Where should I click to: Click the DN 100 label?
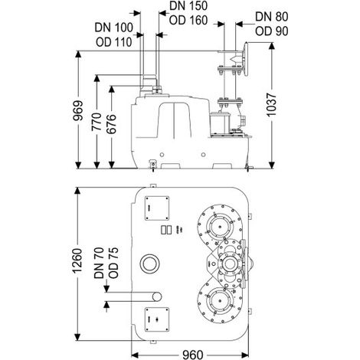[114, 28]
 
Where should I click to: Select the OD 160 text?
[188, 20]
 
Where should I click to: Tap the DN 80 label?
[272, 17]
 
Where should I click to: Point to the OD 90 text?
[272, 31]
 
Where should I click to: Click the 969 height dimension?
[78, 110]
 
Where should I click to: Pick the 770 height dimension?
[97, 122]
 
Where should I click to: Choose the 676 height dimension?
[111, 124]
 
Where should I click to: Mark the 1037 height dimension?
[272, 105]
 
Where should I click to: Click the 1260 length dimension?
[77, 260]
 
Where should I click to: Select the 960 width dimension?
[193, 355]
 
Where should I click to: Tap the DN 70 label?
[99, 263]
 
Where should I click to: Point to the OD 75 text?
[113, 263]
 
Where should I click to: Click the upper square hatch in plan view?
[157, 208]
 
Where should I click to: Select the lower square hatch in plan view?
[157, 319]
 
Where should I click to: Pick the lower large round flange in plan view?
[219, 301]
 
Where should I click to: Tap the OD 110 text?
[114, 42]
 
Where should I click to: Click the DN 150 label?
[188, 5]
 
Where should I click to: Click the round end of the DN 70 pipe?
[157, 296]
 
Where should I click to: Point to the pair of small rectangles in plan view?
[166, 230]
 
